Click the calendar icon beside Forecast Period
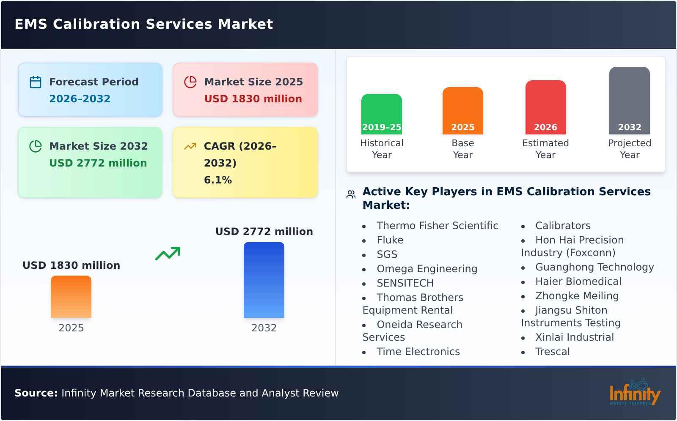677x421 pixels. [36, 82]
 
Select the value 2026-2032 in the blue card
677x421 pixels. [80, 99]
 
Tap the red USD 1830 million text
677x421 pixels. [253, 99]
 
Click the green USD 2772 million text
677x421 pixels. [98, 163]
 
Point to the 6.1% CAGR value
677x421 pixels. [217, 180]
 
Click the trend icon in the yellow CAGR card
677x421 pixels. [190, 146]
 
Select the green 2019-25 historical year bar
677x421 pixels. [381, 114]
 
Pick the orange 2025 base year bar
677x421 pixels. [462, 111]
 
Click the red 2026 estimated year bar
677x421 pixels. [545, 107]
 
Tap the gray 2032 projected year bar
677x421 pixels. [629, 101]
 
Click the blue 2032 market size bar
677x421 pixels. [264, 280]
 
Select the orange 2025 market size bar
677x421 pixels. [71, 297]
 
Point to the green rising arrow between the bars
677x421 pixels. [168, 254]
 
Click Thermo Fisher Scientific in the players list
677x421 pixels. [437, 226]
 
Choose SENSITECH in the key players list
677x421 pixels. [405, 283]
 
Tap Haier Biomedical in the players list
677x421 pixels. [578, 282]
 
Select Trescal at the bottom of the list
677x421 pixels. [552, 352]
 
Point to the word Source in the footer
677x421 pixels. [36, 393]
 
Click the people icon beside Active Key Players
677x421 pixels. [351, 194]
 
